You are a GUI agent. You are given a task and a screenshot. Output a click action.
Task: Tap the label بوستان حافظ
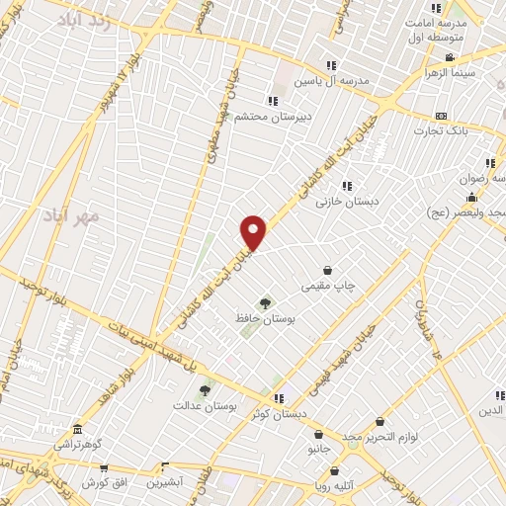click(261, 319)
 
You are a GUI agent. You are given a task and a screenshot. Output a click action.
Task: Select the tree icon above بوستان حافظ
click(264, 303)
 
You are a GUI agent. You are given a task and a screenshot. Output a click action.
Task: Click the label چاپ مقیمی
click(328, 286)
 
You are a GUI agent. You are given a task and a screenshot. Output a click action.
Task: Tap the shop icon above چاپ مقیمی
click(328, 270)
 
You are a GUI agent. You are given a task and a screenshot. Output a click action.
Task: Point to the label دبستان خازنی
click(341, 201)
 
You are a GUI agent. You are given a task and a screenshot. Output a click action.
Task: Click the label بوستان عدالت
click(202, 405)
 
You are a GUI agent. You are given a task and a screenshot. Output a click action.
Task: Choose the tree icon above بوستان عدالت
click(205, 390)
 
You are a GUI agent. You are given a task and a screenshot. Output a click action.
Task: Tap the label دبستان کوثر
click(307, 414)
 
